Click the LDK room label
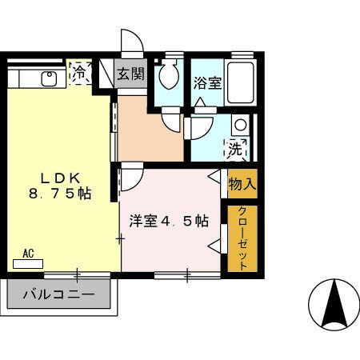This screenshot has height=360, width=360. pos(55,177)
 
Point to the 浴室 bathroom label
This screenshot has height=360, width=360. pos(207,82)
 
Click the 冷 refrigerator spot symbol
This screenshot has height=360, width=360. pos(79,74)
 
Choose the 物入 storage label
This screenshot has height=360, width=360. pos(242,183)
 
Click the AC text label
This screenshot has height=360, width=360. pos(28,254)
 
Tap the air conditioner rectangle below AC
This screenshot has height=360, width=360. pos(32,263)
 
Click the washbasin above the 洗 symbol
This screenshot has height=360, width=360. pos(239,125)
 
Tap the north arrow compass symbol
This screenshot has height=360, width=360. pos(332,305)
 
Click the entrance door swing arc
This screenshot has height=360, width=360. pos(130,42)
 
